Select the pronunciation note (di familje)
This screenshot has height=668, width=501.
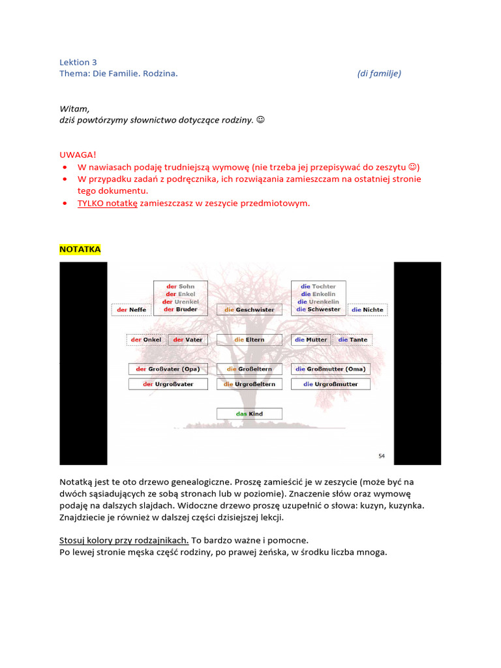(x=379, y=74)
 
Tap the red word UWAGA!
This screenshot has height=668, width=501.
(x=78, y=155)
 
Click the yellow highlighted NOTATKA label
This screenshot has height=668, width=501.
(x=80, y=249)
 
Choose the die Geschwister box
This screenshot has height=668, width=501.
(x=249, y=310)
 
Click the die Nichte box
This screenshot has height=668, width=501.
(x=367, y=310)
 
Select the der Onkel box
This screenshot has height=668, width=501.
(x=146, y=340)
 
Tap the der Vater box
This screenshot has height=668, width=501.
(x=188, y=340)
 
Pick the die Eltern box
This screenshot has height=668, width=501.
(x=249, y=340)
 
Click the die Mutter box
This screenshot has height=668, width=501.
(x=311, y=340)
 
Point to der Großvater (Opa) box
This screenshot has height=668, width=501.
(x=168, y=369)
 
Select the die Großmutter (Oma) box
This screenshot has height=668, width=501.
(x=331, y=369)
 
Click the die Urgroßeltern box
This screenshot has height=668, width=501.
(x=249, y=384)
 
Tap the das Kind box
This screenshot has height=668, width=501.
(x=249, y=414)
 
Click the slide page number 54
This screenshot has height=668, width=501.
(x=382, y=455)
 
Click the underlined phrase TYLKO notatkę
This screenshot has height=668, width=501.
(x=108, y=203)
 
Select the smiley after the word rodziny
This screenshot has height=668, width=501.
(x=260, y=121)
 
